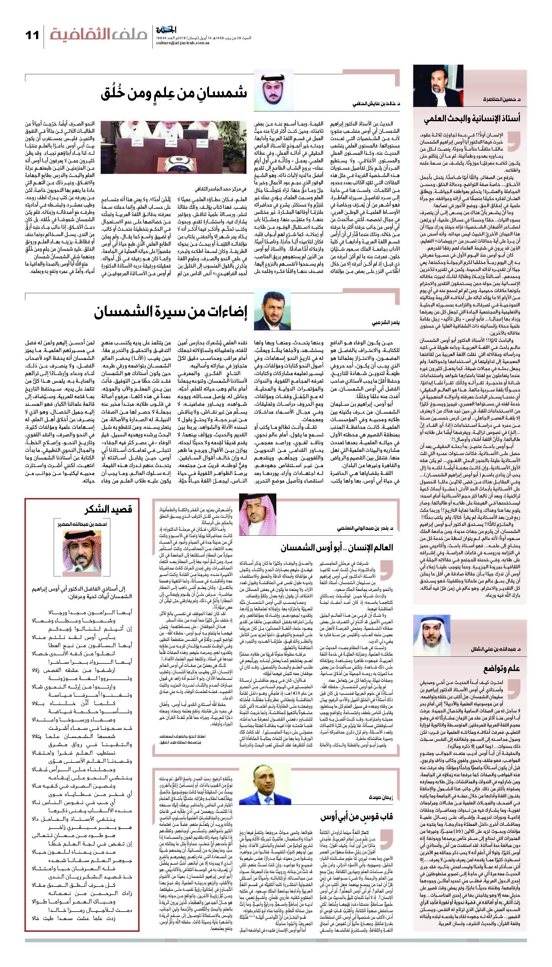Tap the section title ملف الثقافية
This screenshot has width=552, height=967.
pyautogui.click(x=98, y=35)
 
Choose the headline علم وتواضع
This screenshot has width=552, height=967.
pyautogui.click(x=501, y=668)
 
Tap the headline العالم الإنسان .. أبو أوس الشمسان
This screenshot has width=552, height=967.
pyautogui.click(x=337, y=548)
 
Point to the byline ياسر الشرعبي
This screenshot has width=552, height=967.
pyautogui.click(x=385, y=323)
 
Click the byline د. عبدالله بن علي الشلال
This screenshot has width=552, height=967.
pyautogui.click(x=495, y=649)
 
